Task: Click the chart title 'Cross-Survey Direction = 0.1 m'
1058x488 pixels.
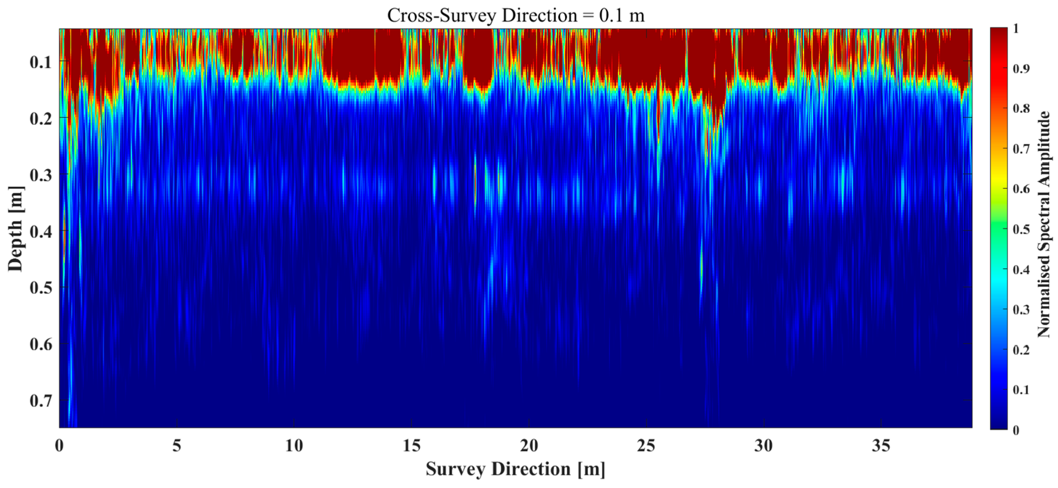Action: (515, 16)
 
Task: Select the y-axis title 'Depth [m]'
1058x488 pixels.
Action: (16, 229)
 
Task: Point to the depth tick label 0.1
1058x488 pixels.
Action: (41, 62)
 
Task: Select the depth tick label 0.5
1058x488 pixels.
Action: (41, 288)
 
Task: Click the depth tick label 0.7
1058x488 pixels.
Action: (41, 400)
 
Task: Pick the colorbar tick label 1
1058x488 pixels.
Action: (1016, 28)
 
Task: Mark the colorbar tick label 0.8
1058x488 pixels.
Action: (1021, 109)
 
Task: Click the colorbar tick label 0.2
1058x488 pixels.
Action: (1021, 350)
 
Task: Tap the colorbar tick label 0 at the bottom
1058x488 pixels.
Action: (1016, 430)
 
